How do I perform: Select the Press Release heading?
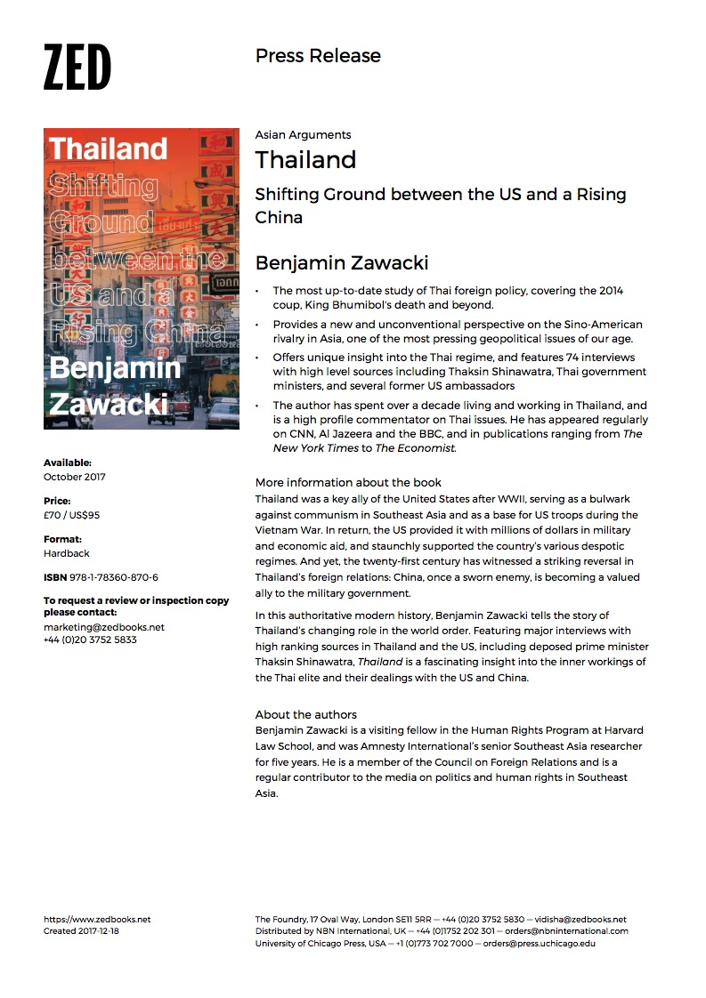pos(318,56)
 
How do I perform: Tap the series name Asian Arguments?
pos(303,135)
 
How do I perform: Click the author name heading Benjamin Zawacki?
pos(342,262)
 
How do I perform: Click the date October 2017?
pos(76,477)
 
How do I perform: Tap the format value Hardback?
pos(67,553)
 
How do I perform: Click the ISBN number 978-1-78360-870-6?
pos(112,577)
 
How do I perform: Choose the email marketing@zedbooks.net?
pos(103,627)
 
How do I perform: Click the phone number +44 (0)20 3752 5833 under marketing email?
pos(90,640)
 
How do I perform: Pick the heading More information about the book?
pos(348,483)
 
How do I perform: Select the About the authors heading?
pos(305,714)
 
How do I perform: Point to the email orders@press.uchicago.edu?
pos(539,943)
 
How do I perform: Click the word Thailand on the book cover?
pos(108,148)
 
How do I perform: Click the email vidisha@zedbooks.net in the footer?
pos(580,919)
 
